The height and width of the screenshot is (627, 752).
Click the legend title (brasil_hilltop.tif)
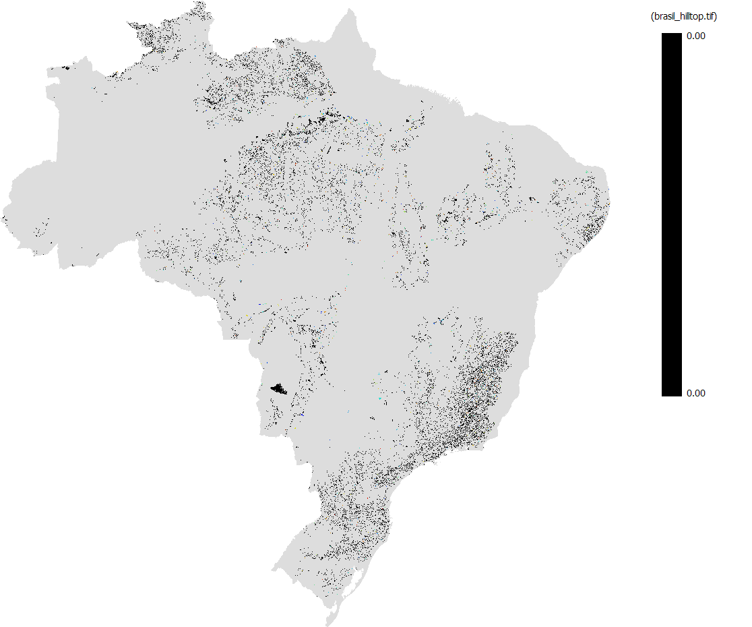pos(682,16)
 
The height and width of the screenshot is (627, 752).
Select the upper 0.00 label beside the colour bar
pos(695,36)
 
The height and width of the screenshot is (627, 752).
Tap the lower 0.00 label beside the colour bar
pos(695,393)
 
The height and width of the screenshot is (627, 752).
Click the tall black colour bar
pos(671,214)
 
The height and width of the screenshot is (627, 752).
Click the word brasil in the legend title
pos(664,16)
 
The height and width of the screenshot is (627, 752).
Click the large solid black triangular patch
pos(278,388)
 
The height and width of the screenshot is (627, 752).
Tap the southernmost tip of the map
pos(328,624)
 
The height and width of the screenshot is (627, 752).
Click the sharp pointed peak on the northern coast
pos(349,10)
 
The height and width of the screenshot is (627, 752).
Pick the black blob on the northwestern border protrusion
pos(65,68)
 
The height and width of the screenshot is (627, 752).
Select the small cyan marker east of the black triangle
pos(380,398)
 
